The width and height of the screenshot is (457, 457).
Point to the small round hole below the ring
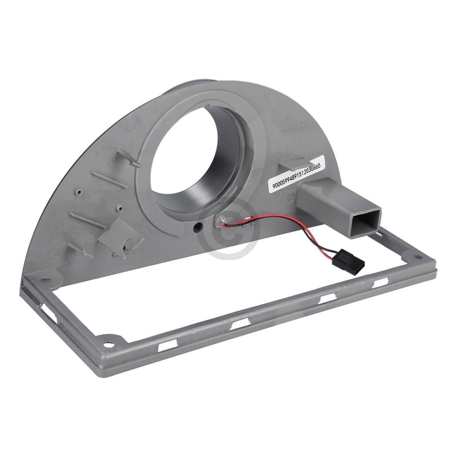coord(198,227)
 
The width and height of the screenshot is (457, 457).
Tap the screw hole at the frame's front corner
coord(107,344)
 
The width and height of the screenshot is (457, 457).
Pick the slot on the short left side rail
coord(47,309)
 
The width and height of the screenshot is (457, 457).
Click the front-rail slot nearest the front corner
coord(167,346)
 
